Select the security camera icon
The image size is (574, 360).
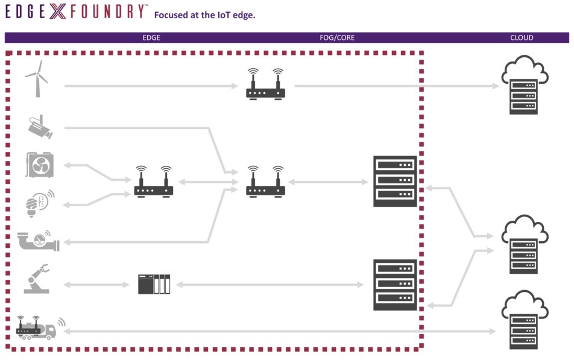point(40,127)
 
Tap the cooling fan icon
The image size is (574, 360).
point(40,165)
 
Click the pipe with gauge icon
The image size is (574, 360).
point(39,241)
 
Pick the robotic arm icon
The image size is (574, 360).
point(37,279)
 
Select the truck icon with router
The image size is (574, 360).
point(37,327)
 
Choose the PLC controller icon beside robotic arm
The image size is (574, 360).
point(154,284)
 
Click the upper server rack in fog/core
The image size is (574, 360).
point(395,182)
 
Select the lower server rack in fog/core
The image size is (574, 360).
point(395,285)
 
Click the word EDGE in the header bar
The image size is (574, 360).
point(151,37)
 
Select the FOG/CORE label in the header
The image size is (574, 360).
point(337,37)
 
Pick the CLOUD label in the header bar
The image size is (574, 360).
point(522,37)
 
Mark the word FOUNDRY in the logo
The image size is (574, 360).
point(107,11)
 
